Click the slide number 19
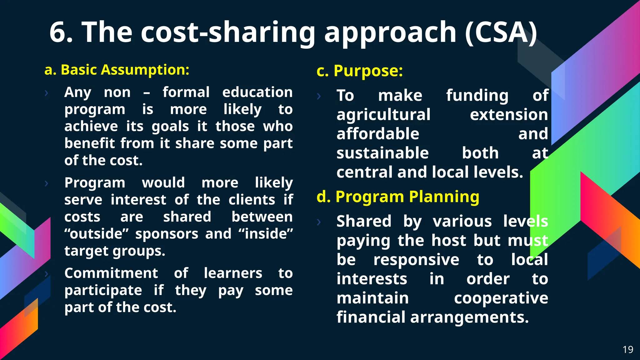point(628,349)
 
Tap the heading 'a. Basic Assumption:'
point(117,70)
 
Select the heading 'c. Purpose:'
point(360,71)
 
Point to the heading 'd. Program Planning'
point(398,197)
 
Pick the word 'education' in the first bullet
point(257,92)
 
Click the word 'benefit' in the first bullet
point(90,143)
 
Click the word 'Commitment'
point(111,273)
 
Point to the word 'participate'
point(103,291)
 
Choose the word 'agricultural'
point(383,115)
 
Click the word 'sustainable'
point(382,153)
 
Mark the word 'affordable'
point(378,134)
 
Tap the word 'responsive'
point(416,260)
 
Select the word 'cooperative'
point(501,298)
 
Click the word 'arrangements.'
point(469,317)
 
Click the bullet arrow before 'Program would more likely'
point(47,183)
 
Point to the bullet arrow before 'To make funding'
point(319,96)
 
